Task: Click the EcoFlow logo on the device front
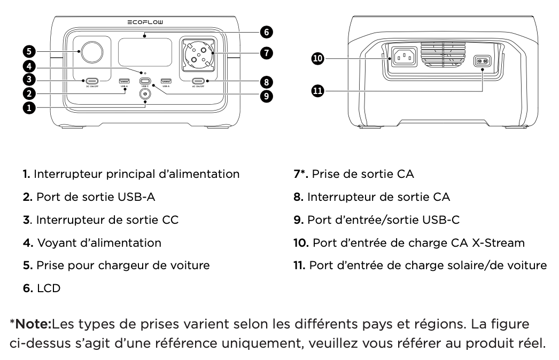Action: pos(145,22)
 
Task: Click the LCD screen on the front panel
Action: pos(145,52)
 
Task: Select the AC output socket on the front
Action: pos(198,55)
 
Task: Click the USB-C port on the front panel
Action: pos(145,81)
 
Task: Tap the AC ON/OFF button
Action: pos(198,81)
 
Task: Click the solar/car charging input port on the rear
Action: pos(482,61)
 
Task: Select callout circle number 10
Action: pos(318,59)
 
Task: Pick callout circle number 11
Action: pos(318,91)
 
